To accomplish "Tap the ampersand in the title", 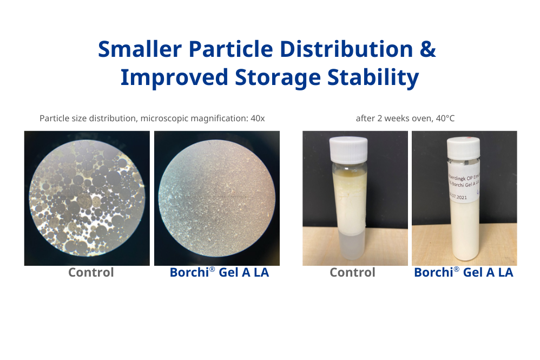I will pos(428,49).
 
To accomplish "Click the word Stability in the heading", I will pos(373,77).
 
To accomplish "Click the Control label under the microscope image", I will pos(91,272).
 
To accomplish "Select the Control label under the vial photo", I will pos(352,272).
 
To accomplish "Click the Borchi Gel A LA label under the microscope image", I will pos(219,272).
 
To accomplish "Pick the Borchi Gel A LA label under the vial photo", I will pos(463,272).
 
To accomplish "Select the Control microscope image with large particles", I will pos(87,198).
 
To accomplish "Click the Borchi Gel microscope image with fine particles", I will pos(217,198).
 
